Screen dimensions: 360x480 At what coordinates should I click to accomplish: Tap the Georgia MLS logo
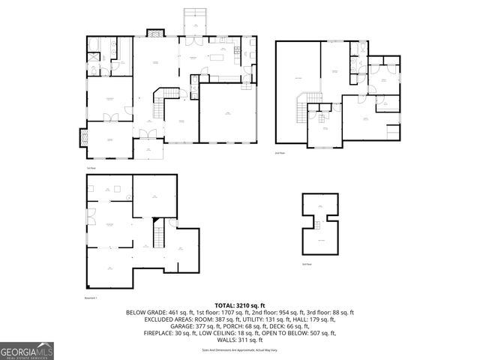click(27, 349)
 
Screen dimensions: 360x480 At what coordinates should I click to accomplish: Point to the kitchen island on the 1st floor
click(219, 57)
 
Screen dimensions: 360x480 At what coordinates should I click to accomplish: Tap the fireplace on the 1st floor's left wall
click(83, 138)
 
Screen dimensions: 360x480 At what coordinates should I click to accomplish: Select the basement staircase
click(160, 235)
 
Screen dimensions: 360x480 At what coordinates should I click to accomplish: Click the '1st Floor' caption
click(91, 168)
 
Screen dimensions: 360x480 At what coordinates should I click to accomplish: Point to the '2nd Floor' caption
click(280, 152)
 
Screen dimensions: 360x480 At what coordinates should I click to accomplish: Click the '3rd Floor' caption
click(306, 264)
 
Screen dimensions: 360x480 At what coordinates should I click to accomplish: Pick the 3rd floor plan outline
click(320, 225)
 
